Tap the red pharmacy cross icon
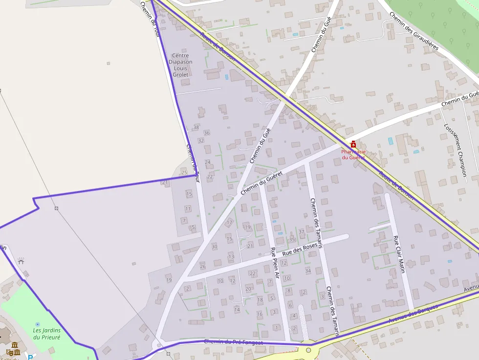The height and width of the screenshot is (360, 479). (353, 144)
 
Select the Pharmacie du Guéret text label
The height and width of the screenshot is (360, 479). (353, 154)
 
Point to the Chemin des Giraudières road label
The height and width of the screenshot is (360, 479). (414, 31)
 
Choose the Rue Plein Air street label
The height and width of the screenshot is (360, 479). (275, 263)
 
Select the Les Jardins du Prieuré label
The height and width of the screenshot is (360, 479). (46, 334)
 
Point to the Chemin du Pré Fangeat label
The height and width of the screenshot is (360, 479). (233, 342)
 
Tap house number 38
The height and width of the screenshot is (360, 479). (196, 127)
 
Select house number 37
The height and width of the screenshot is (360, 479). (301, 232)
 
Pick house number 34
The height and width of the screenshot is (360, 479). (308, 270)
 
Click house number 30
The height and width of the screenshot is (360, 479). (214, 247)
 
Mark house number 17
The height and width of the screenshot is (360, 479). (229, 223)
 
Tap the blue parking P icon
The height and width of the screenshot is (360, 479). (30, 357)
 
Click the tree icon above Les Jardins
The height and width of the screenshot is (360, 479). (38, 324)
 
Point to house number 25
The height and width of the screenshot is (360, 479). (184, 172)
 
